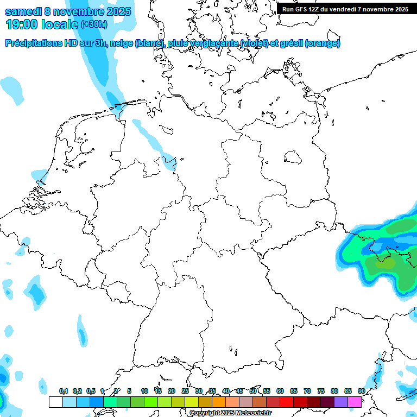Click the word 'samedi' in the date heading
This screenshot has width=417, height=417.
23,11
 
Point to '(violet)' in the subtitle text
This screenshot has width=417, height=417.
245,43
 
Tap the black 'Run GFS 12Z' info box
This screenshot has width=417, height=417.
345,9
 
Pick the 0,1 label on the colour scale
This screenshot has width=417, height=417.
63,391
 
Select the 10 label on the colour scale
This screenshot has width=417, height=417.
144,391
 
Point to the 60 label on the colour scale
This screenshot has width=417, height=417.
280,391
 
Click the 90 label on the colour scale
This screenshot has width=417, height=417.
361,391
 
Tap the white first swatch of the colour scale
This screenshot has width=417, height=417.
55,402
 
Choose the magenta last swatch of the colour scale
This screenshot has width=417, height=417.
355,402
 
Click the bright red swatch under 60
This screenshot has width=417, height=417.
287,402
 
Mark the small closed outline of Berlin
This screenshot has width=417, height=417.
294,157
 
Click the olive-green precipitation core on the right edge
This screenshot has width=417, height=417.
388,263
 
